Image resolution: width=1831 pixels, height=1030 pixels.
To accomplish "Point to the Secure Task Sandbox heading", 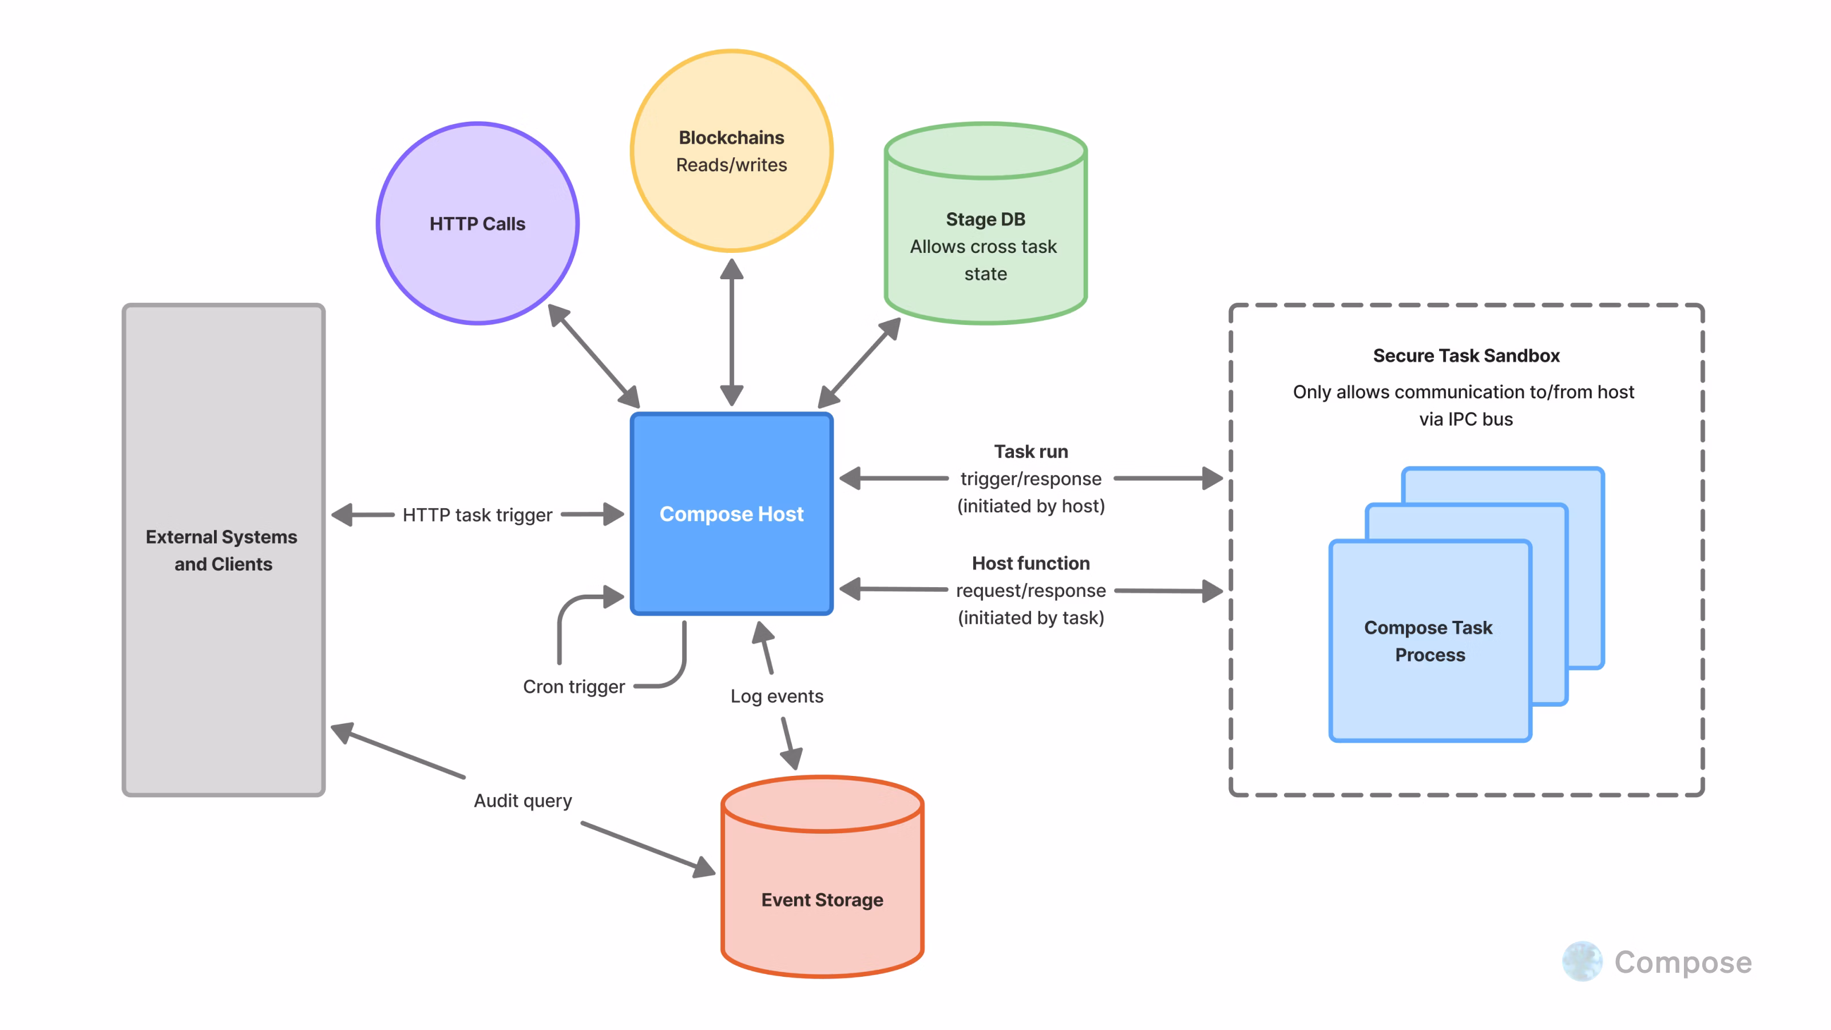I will [1465, 355].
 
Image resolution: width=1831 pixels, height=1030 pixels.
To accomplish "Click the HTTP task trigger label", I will [477, 514].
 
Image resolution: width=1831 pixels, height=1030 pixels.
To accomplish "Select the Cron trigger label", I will [573, 687].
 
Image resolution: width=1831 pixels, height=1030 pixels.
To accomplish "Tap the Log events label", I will [776, 696].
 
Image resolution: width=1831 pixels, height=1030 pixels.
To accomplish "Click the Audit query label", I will [522, 801].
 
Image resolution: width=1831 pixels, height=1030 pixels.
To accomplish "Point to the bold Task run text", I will [1031, 451].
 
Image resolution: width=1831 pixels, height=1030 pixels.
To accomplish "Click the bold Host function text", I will [1031, 563].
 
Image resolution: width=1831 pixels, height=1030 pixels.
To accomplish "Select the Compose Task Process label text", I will [1429, 641].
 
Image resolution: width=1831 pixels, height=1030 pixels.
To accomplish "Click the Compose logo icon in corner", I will [1582, 962].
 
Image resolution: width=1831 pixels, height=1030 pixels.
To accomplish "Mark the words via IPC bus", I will [1465, 419].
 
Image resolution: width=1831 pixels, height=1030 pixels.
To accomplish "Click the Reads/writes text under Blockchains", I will [731, 165].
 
